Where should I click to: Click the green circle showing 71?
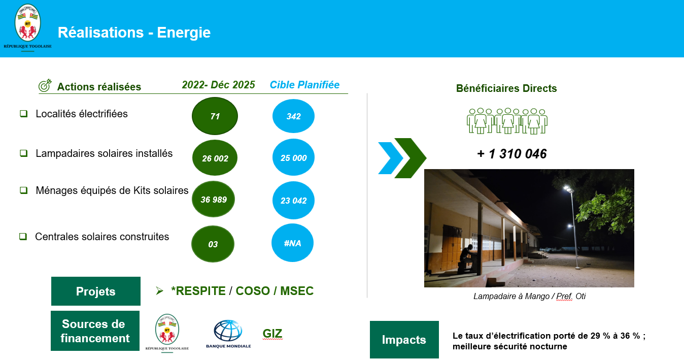pos(215,116)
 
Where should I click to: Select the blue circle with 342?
pos(293,116)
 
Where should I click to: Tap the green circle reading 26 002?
pos(215,158)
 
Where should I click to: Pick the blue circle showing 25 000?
pos(293,157)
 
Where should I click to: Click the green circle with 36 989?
pos(214,199)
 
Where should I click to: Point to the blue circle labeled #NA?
pos(293,243)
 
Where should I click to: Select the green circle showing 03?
pos(213,244)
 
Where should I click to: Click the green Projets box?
pos(96,291)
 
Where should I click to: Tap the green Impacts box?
pos(404,340)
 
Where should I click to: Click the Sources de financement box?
pos(95,331)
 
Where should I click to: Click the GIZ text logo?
pos(272,334)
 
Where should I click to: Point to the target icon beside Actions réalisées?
pos(45,86)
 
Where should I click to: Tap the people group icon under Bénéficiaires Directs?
pos(507,121)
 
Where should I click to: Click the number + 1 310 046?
pos(512,154)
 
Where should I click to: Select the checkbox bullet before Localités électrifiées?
pos(23,114)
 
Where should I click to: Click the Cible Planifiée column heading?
pos(304,85)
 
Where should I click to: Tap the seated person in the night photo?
pos(466,258)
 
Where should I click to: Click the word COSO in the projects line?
pos(253,291)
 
